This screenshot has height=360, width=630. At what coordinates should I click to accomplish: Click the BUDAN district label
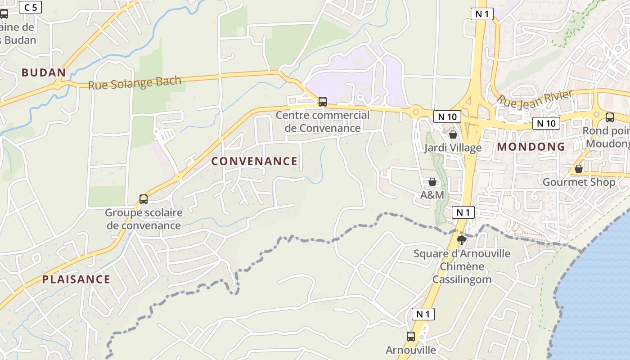[44, 72]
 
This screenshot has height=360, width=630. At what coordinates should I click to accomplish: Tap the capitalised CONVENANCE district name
[254, 161]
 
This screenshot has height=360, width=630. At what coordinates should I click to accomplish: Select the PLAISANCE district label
[76, 279]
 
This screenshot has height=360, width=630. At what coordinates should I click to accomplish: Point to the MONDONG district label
[531, 147]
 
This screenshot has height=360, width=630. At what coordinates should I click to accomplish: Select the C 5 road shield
[31, 7]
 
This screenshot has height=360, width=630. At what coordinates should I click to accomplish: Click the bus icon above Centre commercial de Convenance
[323, 101]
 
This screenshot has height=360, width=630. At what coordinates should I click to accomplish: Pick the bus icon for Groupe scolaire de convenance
[144, 199]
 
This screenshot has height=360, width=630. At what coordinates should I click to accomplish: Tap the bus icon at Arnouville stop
[411, 336]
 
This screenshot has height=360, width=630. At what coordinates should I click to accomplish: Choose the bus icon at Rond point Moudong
[610, 117]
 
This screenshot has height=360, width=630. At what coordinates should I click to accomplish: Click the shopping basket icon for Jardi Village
[453, 135]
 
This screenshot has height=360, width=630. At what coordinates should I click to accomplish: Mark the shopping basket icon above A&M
[432, 182]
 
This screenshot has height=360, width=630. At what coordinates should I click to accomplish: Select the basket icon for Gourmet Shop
[579, 169]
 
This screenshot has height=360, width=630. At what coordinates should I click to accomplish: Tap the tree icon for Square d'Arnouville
[461, 240]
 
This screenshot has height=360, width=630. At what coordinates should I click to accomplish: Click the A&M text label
[432, 195]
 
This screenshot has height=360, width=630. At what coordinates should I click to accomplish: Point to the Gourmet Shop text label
[579, 182]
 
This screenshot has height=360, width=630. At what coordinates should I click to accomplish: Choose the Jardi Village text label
[453, 148]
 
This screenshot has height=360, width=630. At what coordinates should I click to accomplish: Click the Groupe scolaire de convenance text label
[144, 219]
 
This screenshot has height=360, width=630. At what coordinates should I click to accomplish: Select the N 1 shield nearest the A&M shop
[463, 212]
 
